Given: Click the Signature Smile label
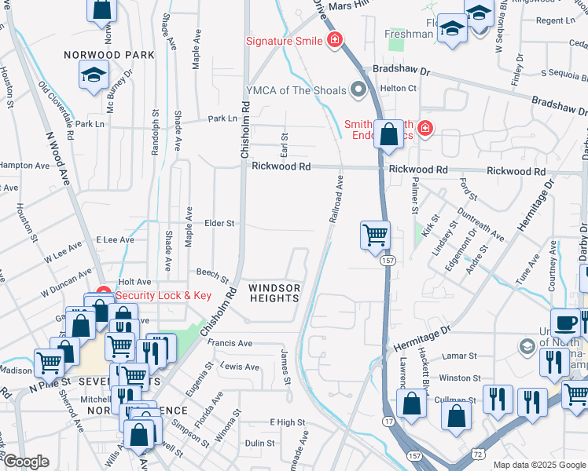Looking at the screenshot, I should [285, 40].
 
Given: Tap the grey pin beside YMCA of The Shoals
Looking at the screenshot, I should [361, 89].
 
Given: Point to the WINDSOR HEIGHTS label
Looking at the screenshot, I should [274, 293].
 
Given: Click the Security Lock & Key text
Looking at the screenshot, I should [164, 295].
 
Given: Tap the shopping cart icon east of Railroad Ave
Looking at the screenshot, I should [376, 235].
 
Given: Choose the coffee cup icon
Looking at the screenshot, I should [566, 323].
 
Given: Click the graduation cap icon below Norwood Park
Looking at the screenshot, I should [94, 75].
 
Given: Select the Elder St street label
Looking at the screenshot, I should [219, 224].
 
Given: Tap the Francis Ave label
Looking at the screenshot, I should [230, 343].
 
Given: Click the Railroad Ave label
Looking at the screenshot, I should [336, 199].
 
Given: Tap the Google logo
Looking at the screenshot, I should [25, 462].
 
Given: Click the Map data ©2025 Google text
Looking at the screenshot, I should [539, 465].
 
